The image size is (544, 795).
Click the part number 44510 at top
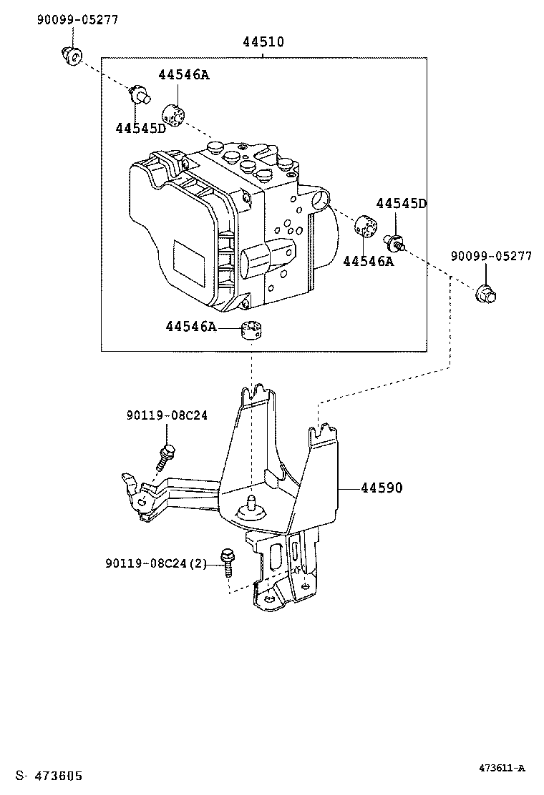(263, 41)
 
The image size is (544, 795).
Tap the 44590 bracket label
(382, 488)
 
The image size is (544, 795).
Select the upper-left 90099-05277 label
(77, 20)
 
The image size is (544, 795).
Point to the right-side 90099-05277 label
(491, 256)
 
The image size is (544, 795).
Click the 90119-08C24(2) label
(156, 563)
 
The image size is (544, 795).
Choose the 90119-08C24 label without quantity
(167, 415)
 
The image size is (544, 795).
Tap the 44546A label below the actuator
(191, 327)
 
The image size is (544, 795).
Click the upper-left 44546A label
(184, 74)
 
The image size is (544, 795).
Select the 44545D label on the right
(402, 203)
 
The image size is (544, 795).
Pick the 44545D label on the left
(140, 128)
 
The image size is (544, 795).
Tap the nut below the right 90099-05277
(485, 294)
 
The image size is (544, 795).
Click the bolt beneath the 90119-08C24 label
(165, 458)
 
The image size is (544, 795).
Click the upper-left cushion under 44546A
(173, 115)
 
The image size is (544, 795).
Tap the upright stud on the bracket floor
(250, 505)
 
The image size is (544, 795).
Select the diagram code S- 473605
(49, 776)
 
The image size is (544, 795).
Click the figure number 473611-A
(502, 768)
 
